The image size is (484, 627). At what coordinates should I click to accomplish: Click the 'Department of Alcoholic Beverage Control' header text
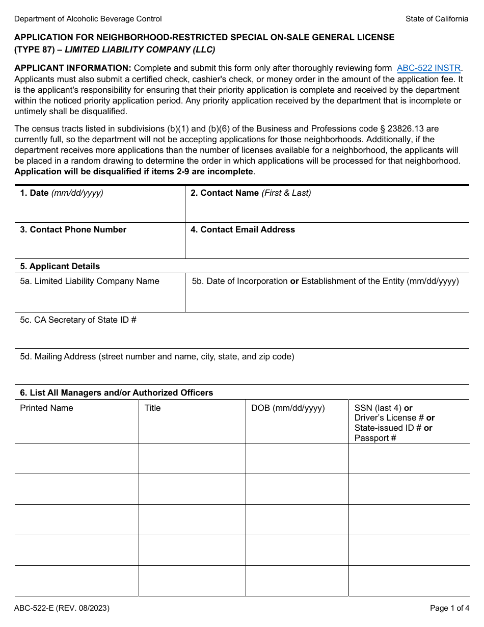[88, 19]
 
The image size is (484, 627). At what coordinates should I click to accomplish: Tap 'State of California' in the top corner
[437, 19]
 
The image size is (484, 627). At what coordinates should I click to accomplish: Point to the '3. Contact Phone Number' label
[73, 229]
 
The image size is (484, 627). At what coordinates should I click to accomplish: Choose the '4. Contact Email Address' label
[243, 229]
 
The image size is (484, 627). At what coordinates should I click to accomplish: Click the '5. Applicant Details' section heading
[60, 266]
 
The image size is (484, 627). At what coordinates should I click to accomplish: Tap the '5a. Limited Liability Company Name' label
[90, 281]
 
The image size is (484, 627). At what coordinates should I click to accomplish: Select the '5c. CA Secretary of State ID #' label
[78, 320]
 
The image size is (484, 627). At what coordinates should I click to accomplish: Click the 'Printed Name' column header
[46, 408]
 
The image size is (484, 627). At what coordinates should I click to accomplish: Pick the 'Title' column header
[152, 408]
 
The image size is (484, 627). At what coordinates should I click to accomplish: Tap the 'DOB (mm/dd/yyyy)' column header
[288, 408]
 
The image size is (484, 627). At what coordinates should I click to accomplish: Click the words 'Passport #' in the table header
[375, 438]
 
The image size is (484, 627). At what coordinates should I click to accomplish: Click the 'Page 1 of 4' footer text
[449, 608]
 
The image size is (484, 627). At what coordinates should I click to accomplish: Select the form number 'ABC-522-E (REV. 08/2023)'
[62, 608]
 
